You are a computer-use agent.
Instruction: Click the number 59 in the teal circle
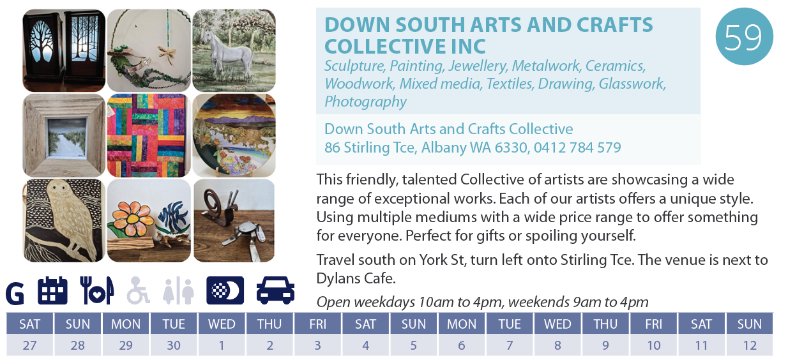pyautogui.click(x=743, y=37)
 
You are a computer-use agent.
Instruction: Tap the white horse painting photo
pyautogui.click(x=234, y=50)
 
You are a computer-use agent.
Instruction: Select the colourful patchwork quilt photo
pyautogui.click(x=149, y=135)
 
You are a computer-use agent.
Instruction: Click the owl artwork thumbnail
pyautogui.click(x=64, y=220)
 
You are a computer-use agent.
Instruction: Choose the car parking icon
pyautogui.click(x=275, y=290)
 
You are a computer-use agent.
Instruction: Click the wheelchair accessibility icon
pyautogui.click(x=139, y=290)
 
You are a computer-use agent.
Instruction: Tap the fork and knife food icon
pyautogui.click(x=96, y=290)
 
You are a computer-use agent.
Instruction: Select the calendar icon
pyautogui.click(x=52, y=290)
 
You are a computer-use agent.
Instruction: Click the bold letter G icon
pyautogui.click(x=15, y=293)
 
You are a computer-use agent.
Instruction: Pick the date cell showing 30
pyautogui.click(x=174, y=345)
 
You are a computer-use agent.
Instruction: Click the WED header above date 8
pyautogui.click(x=557, y=324)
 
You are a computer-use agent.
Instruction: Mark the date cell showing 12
pyautogui.click(x=750, y=345)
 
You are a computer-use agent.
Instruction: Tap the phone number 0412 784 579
pyautogui.click(x=577, y=147)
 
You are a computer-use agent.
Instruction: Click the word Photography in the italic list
pyautogui.click(x=365, y=101)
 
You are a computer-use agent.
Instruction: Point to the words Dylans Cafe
pyautogui.click(x=356, y=278)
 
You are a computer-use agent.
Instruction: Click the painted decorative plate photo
pyautogui.click(x=234, y=135)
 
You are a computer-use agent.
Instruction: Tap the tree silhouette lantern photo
pyautogui.click(x=64, y=50)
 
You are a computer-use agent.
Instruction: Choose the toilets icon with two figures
pyautogui.click(x=178, y=290)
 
